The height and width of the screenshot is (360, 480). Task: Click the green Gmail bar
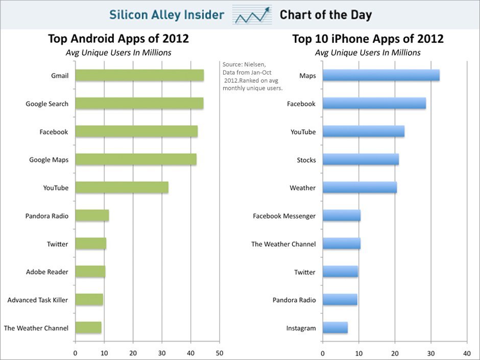[x=139, y=76]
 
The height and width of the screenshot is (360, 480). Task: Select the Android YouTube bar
[x=122, y=187]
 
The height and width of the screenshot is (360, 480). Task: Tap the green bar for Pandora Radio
[x=92, y=215]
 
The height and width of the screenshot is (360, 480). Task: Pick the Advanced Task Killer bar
[x=89, y=300]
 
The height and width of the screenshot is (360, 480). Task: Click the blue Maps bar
[x=381, y=76]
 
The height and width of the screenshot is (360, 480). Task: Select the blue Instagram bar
[x=335, y=328]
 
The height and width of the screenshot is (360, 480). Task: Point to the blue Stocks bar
[x=361, y=160]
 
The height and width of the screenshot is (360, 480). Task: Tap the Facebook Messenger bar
[x=342, y=215]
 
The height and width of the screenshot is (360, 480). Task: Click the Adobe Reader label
[x=47, y=272]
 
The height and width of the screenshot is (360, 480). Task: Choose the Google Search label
[x=47, y=104]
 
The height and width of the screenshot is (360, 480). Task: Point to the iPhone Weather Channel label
[x=283, y=244]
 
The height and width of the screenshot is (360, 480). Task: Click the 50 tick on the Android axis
[x=220, y=352]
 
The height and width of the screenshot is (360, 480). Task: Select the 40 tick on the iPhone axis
[x=467, y=352]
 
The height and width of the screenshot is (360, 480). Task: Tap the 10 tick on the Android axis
[x=104, y=352]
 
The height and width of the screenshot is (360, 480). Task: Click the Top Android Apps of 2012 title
[x=118, y=39]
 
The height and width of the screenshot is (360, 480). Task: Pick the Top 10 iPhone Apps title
[x=368, y=39]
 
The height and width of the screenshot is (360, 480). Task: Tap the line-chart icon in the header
[x=252, y=15]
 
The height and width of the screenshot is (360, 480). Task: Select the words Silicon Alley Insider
[x=166, y=15]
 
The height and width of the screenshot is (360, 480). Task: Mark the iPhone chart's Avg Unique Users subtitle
[x=368, y=53]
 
